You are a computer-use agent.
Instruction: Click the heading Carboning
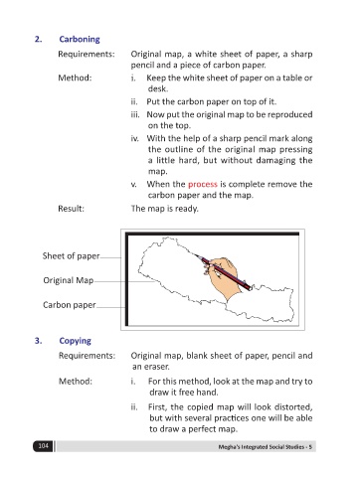pyautogui.click(x=80, y=40)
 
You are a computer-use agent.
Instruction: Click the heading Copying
pyautogui.click(x=75, y=341)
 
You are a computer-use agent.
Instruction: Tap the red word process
pyautogui.click(x=203, y=185)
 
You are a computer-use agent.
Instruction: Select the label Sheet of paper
pyautogui.click(x=71, y=256)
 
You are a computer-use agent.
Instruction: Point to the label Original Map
pyautogui.click(x=69, y=280)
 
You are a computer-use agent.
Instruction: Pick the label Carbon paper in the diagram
pyautogui.click(x=70, y=305)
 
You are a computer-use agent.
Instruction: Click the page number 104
pyautogui.click(x=43, y=446)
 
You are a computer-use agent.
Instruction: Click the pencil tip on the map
pyautogui.click(x=195, y=254)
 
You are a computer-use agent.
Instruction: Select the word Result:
pyautogui.click(x=71, y=209)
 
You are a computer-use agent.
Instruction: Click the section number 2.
pyautogui.click(x=39, y=39)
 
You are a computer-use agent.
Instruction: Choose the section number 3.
pyautogui.click(x=39, y=341)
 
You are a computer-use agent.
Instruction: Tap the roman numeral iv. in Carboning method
pyautogui.click(x=134, y=138)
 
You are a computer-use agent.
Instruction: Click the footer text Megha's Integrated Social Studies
pyautogui.click(x=262, y=447)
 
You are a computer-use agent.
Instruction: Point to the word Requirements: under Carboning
pyautogui.click(x=87, y=54)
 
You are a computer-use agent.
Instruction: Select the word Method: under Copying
pyautogui.click(x=76, y=382)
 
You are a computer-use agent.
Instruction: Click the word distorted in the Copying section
pyautogui.click(x=292, y=407)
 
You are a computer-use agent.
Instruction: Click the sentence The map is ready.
pyautogui.click(x=164, y=209)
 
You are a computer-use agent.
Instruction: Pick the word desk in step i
pyautogui.click(x=157, y=88)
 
